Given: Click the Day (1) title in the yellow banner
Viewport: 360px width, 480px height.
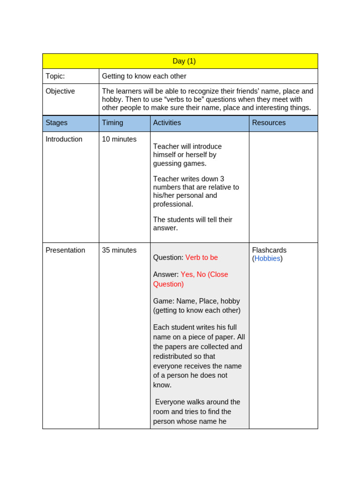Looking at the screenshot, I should click(x=184, y=61).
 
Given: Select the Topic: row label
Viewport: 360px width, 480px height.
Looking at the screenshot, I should click(x=55, y=76).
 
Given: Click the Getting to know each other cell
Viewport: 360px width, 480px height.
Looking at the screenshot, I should click(x=144, y=76).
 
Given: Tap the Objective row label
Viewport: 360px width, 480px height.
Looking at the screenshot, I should click(x=60, y=91).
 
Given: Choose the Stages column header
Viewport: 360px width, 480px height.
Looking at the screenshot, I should click(x=56, y=123).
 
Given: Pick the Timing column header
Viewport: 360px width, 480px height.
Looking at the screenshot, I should click(x=112, y=123).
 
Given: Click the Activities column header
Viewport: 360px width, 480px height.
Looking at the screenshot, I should click(x=167, y=123).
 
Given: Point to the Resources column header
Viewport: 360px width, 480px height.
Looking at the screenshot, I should click(x=269, y=123).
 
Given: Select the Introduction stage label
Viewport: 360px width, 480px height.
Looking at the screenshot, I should click(x=64, y=139).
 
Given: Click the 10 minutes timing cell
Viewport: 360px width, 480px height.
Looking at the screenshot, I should click(x=119, y=139).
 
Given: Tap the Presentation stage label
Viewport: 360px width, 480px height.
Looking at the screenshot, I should click(x=65, y=250).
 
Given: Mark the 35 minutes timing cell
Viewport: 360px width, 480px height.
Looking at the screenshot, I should click(x=119, y=250).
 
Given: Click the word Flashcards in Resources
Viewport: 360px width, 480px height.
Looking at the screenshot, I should click(x=269, y=250).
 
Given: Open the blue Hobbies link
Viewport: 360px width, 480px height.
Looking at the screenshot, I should click(x=267, y=259).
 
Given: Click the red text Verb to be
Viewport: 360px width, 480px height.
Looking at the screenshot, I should click(x=202, y=258).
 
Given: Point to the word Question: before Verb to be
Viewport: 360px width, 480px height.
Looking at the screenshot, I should click(x=168, y=258).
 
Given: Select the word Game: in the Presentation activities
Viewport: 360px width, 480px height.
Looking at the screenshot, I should click(x=164, y=301).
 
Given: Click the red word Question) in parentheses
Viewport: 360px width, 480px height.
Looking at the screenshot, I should click(x=168, y=284).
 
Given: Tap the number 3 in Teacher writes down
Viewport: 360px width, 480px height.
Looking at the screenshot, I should click(x=222, y=179).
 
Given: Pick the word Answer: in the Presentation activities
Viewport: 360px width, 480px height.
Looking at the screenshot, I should click(x=166, y=275).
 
